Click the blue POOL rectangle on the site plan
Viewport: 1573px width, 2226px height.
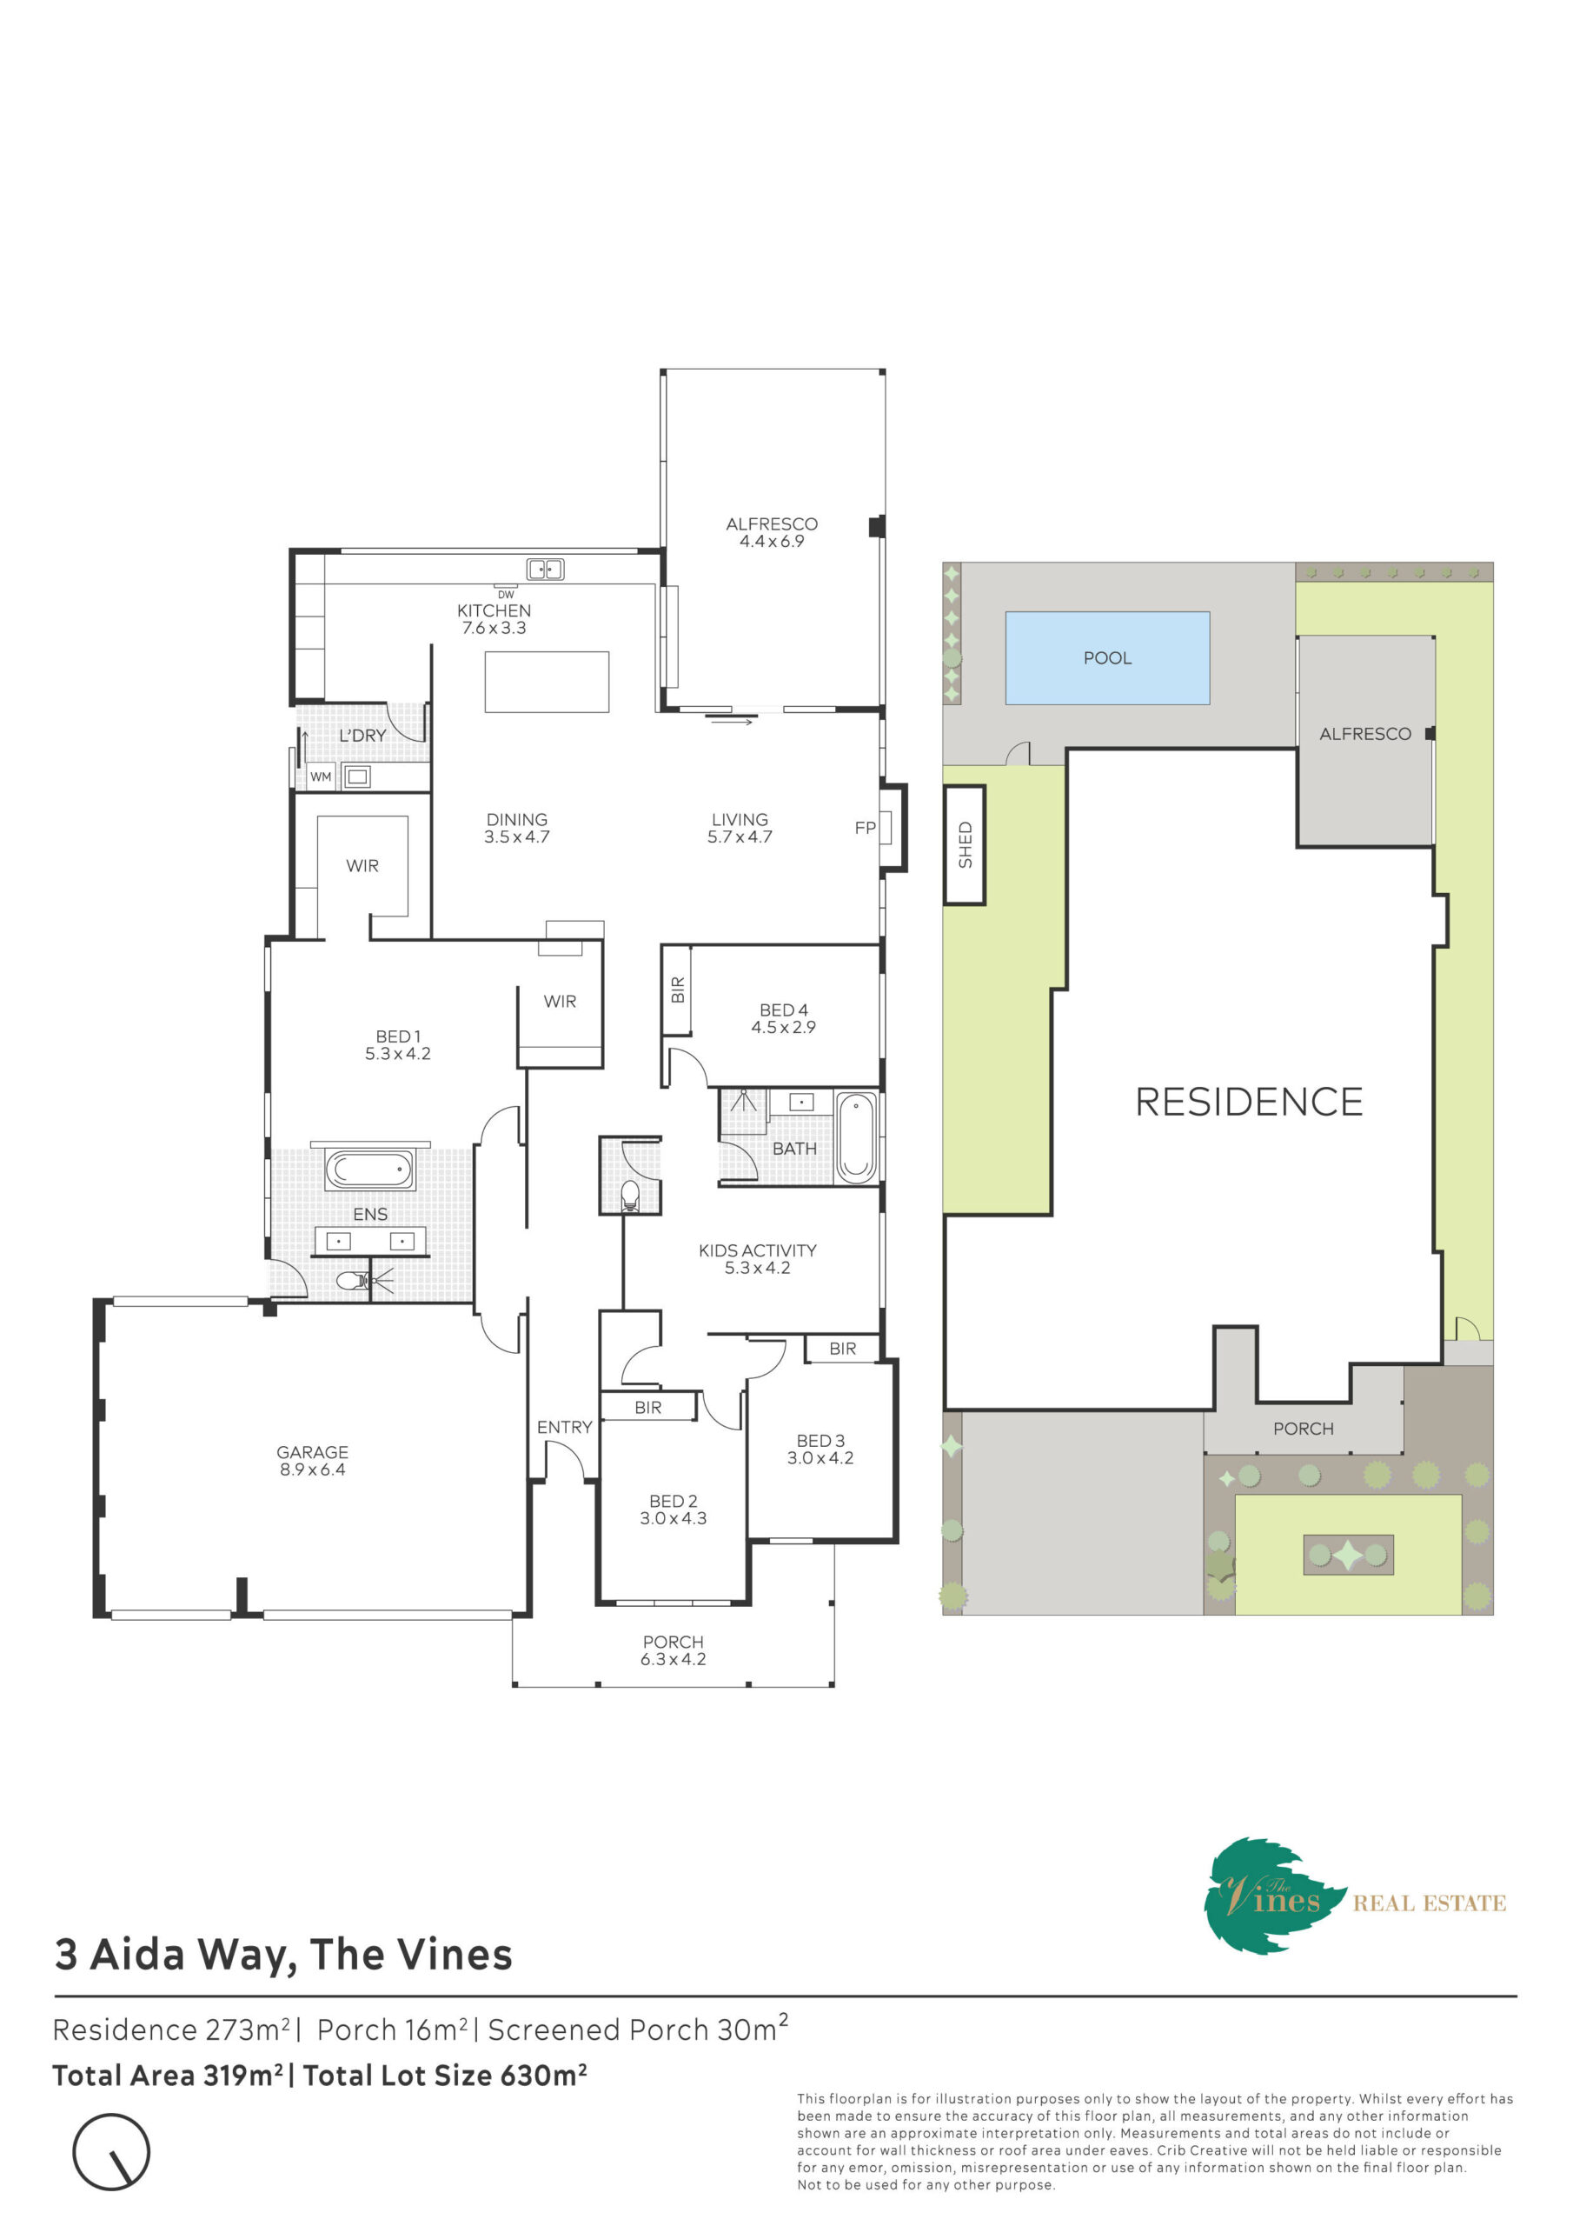pos(1107,657)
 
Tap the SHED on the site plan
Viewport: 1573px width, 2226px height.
pos(965,844)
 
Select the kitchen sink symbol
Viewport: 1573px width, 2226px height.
pos(545,569)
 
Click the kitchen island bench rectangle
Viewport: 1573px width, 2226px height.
pos(547,682)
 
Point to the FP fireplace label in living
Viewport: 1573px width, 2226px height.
pos(865,827)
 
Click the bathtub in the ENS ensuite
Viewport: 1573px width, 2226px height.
pos(369,1170)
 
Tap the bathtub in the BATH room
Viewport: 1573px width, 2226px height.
pos(856,1137)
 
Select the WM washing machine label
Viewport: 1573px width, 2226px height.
pos(321,776)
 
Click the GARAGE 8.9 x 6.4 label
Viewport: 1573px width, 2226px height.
pos(312,1460)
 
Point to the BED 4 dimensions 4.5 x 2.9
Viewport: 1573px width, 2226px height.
pos(783,1027)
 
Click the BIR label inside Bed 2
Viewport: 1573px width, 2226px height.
pos(648,1407)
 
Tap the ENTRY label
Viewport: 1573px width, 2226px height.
pos(564,1427)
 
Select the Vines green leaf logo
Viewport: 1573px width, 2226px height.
pos(1271,1896)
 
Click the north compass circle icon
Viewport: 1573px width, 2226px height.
pos(111,2152)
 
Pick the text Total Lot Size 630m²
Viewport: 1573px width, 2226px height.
pos(445,2075)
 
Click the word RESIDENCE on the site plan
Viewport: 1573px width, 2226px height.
pos(1248,1102)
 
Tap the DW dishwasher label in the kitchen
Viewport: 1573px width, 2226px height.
pos(506,594)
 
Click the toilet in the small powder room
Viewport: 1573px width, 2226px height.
pos(630,1196)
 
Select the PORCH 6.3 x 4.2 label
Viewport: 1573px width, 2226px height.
pos(673,1650)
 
